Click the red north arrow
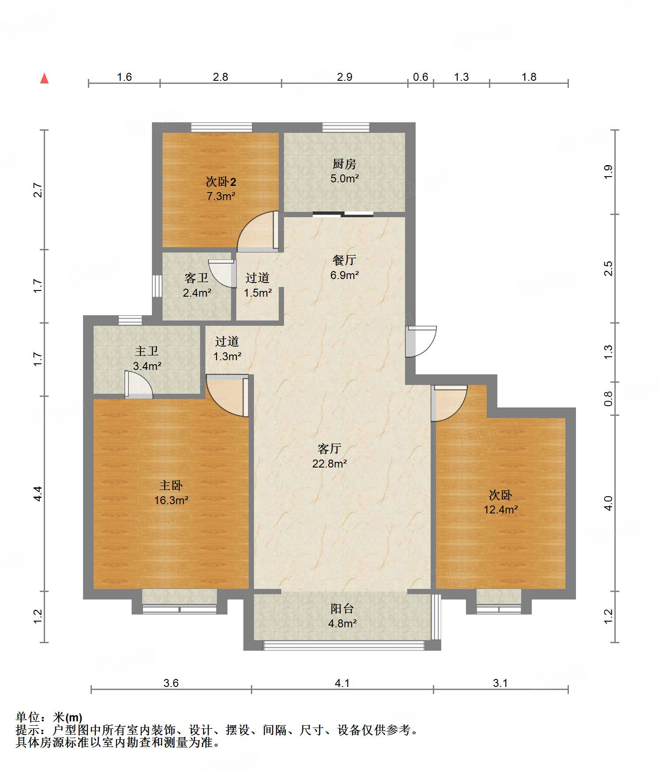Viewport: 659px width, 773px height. [45, 78]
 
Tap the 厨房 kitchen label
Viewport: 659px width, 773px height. [344, 164]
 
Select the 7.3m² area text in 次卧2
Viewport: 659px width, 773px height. [221, 196]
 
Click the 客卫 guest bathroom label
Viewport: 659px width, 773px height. [197, 278]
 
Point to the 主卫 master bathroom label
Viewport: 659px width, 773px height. [147, 351]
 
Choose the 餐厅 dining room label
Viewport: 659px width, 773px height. [344, 260]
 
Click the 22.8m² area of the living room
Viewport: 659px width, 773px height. [329, 464]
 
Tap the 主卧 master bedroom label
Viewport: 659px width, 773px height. [171, 486]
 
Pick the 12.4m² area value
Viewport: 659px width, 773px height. [500, 509]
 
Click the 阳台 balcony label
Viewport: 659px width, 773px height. [342, 609]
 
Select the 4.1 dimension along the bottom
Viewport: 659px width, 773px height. [342, 683]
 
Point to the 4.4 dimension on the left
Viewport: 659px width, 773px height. [38, 493]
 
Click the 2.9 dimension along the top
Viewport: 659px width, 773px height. [345, 77]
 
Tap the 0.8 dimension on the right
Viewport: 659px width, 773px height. [609, 399]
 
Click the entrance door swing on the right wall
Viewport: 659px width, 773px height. [421, 341]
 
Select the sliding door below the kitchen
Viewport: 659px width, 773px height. [343, 215]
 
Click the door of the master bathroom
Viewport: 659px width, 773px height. [139, 385]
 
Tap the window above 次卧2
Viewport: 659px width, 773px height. [222, 128]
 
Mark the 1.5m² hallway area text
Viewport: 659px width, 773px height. [258, 292]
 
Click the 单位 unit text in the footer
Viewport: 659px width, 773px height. [28, 717]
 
